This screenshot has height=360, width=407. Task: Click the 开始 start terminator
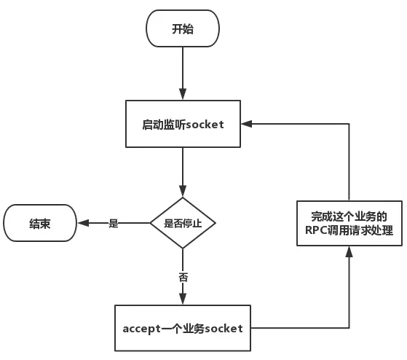(x=183, y=30)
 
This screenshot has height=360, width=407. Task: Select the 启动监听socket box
(x=183, y=125)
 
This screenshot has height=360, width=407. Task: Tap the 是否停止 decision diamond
(x=183, y=223)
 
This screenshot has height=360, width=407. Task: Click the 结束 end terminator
(x=40, y=223)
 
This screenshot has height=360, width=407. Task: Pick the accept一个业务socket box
(x=188, y=328)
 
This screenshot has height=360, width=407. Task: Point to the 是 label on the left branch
(x=113, y=224)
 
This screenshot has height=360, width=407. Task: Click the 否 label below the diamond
(x=183, y=278)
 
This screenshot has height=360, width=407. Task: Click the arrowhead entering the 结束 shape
(x=82, y=223)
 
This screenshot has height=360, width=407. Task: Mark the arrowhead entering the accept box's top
(x=183, y=299)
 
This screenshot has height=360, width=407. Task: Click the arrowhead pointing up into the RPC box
(x=349, y=252)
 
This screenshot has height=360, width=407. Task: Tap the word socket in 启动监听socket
(x=205, y=125)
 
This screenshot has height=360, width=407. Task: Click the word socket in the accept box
(x=224, y=329)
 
